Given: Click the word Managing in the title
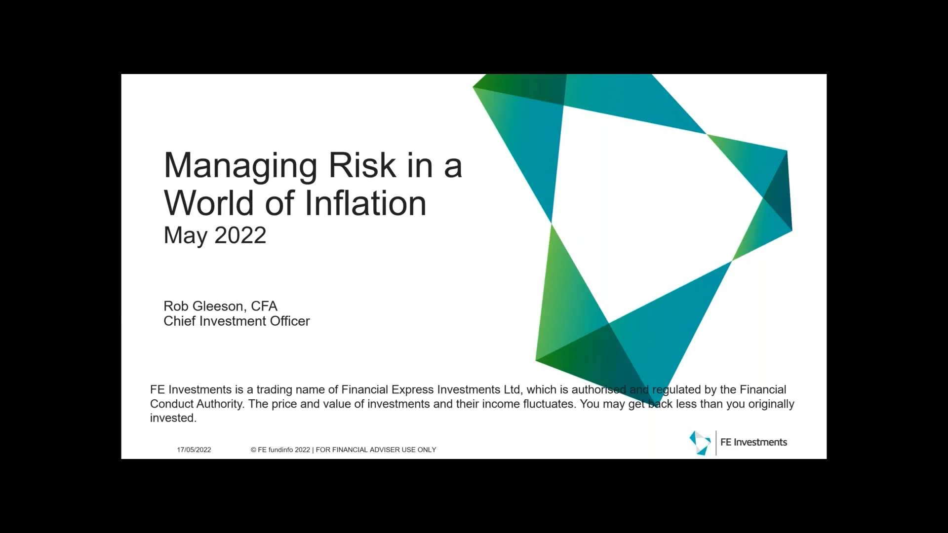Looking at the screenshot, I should pyautogui.click(x=240, y=166).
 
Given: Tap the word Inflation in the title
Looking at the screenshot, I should pyautogui.click(x=365, y=203).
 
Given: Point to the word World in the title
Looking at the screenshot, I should pyautogui.click(x=209, y=203).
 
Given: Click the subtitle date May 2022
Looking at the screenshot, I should pyautogui.click(x=215, y=235).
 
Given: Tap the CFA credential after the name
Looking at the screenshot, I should pyautogui.click(x=264, y=306).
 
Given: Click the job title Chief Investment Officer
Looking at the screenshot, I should pyautogui.click(x=237, y=321).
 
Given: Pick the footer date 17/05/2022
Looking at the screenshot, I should pyautogui.click(x=194, y=450).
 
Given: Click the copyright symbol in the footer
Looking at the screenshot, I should pyautogui.click(x=253, y=450).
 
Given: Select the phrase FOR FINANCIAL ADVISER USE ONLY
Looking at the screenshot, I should pyautogui.click(x=376, y=450).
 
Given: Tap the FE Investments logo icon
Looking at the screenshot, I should pyautogui.click(x=700, y=442).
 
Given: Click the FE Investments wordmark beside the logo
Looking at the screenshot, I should pyautogui.click(x=753, y=442).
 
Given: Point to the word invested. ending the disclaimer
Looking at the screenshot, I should pyautogui.click(x=173, y=418).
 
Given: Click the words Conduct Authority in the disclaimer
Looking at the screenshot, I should pyautogui.click(x=197, y=404).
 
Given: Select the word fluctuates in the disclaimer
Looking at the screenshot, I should pyautogui.click(x=548, y=404).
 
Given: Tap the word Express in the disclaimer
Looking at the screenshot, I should pyautogui.click(x=413, y=390).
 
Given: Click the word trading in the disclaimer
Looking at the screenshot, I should pyautogui.click(x=274, y=390).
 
